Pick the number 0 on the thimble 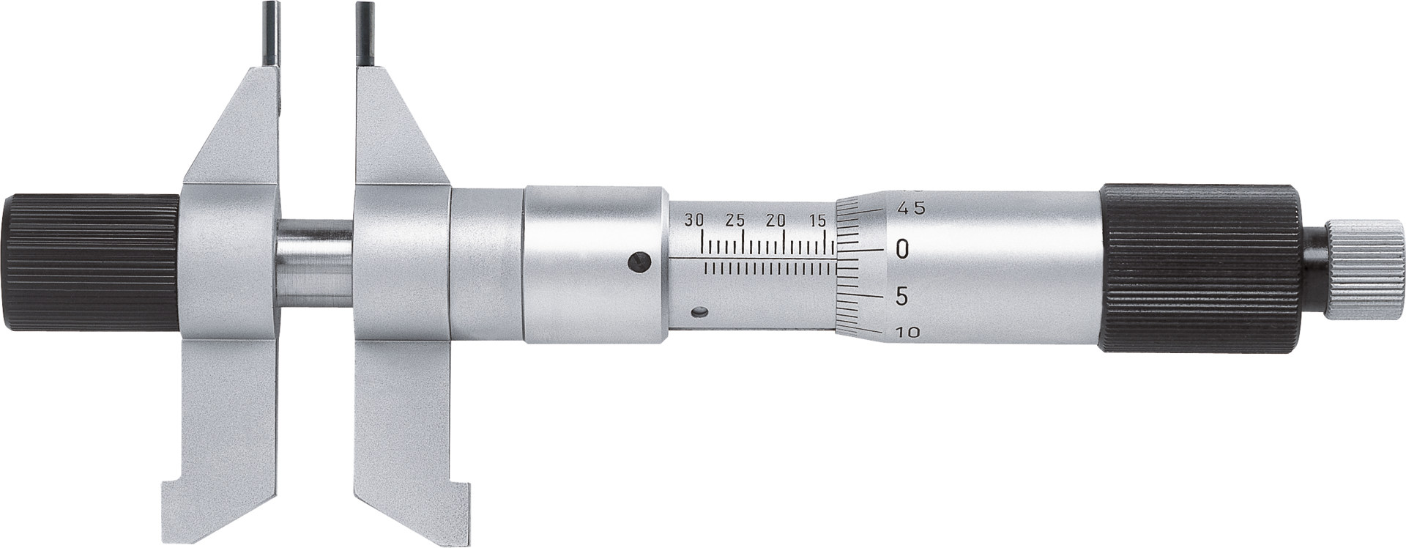pyautogui.click(x=901, y=248)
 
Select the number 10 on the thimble pyautogui.click(x=908, y=332)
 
